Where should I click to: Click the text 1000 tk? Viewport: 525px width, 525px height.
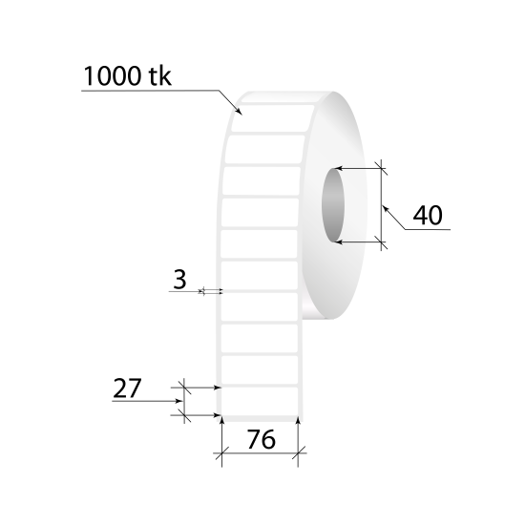point(127,76)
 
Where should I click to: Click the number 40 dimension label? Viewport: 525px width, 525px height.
point(428,215)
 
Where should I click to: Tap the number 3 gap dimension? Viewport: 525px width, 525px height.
point(179,280)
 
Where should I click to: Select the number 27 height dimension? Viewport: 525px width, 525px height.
point(127,388)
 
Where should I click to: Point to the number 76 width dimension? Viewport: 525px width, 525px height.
point(262,439)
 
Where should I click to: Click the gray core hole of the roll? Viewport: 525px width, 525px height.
point(333,205)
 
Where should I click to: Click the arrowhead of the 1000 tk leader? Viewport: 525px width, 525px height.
point(239,112)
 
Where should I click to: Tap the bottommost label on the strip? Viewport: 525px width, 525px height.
point(260,401)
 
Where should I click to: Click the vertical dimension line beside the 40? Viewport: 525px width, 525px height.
point(382,205)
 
